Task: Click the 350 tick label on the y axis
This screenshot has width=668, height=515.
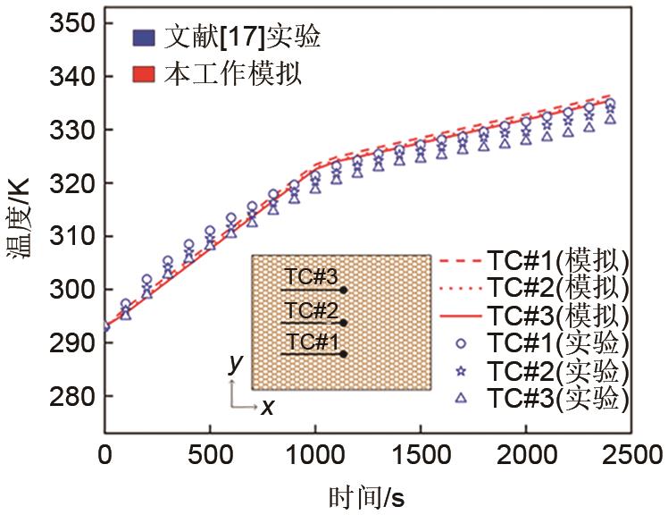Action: [x=72, y=24]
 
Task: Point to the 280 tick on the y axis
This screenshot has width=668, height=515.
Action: [x=72, y=396]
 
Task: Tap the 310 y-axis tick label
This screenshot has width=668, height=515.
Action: [x=72, y=237]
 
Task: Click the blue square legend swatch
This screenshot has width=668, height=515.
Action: [x=142, y=38]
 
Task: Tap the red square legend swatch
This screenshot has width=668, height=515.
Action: [x=142, y=73]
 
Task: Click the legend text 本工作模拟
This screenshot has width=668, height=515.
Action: [x=234, y=73]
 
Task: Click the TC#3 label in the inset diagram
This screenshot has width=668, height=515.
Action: [x=313, y=276]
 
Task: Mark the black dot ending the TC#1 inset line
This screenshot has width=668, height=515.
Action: [x=345, y=355]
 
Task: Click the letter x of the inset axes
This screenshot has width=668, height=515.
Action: [x=267, y=408]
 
